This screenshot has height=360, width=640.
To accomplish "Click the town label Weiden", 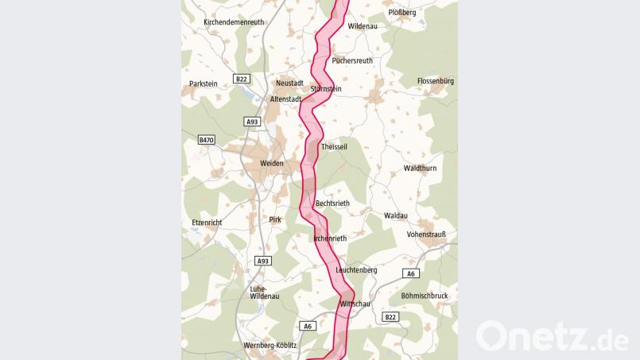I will (x=272, y=164).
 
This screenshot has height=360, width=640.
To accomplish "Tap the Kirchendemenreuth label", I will (x=234, y=22).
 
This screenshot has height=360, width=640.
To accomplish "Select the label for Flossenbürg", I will (x=435, y=81).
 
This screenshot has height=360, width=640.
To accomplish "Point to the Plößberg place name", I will (x=401, y=13).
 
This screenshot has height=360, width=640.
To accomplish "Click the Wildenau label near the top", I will (x=363, y=26).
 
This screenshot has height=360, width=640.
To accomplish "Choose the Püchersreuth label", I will (x=352, y=60).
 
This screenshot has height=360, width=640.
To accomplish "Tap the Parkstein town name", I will (x=204, y=83).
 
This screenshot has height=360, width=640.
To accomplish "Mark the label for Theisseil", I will (x=334, y=147).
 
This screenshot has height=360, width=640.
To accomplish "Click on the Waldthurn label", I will (x=421, y=168).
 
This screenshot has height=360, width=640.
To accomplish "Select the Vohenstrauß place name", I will (x=426, y=234).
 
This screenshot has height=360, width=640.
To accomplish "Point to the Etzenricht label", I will (x=207, y=223).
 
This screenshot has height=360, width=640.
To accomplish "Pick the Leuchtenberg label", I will (x=356, y=270).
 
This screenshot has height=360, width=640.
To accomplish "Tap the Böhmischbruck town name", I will (x=425, y=296).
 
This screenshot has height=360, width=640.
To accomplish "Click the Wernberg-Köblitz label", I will (x=270, y=346).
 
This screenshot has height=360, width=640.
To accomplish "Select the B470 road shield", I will (x=207, y=140).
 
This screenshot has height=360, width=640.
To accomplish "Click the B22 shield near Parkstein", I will (x=242, y=79).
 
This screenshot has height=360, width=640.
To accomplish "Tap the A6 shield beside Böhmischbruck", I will (x=410, y=274).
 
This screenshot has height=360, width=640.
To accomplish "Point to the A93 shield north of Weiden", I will (x=252, y=122).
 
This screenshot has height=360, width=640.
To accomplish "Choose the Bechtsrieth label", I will (x=332, y=203).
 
